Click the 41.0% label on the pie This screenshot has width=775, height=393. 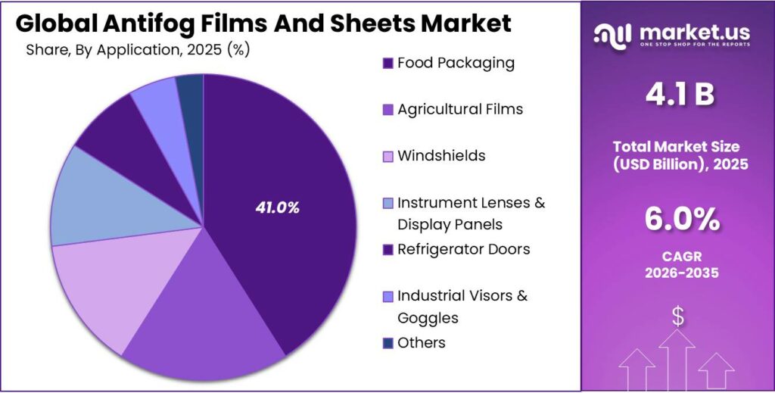(x=277, y=207)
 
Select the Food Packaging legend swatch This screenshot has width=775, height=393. (x=388, y=63)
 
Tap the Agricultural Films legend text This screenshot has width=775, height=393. (x=459, y=109)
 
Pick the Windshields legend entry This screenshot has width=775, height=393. (x=441, y=156)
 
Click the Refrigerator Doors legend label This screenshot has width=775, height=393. (x=463, y=249)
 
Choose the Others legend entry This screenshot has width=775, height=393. (x=421, y=342)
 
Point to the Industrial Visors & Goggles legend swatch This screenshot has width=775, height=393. (x=388, y=296)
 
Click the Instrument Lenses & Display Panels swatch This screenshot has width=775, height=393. (x=388, y=203)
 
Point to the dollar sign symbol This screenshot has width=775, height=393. (x=677, y=316)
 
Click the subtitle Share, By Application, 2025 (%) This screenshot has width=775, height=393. (x=138, y=50)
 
